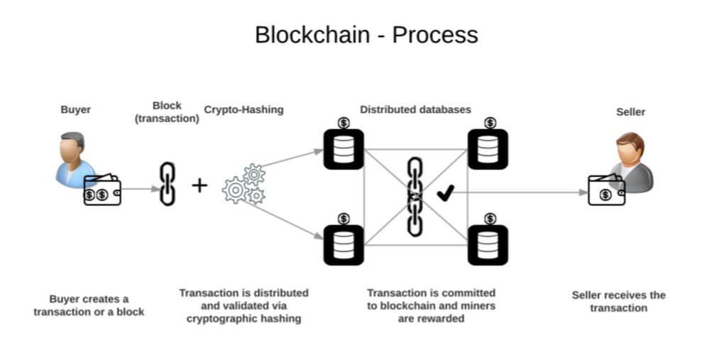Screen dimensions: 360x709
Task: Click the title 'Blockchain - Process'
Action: tap(366, 35)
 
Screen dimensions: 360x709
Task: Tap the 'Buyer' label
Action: tap(75, 110)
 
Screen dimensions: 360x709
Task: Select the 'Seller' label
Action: tap(631, 111)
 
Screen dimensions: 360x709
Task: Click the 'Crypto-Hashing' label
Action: tap(243, 109)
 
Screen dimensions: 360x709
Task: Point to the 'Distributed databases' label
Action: tap(415, 109)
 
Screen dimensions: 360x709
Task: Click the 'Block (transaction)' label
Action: tap(167, 112)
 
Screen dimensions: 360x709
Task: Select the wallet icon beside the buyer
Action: tap(102, 190)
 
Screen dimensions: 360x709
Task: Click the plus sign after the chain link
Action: tap(200, 185)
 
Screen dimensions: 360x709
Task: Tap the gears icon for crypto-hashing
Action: tap(243, 185)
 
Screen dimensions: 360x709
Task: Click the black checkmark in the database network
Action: tap(445, 192)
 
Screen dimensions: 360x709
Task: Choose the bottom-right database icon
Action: tap(488, 245)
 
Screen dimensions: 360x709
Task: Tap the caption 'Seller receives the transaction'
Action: tap(618, 301)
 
